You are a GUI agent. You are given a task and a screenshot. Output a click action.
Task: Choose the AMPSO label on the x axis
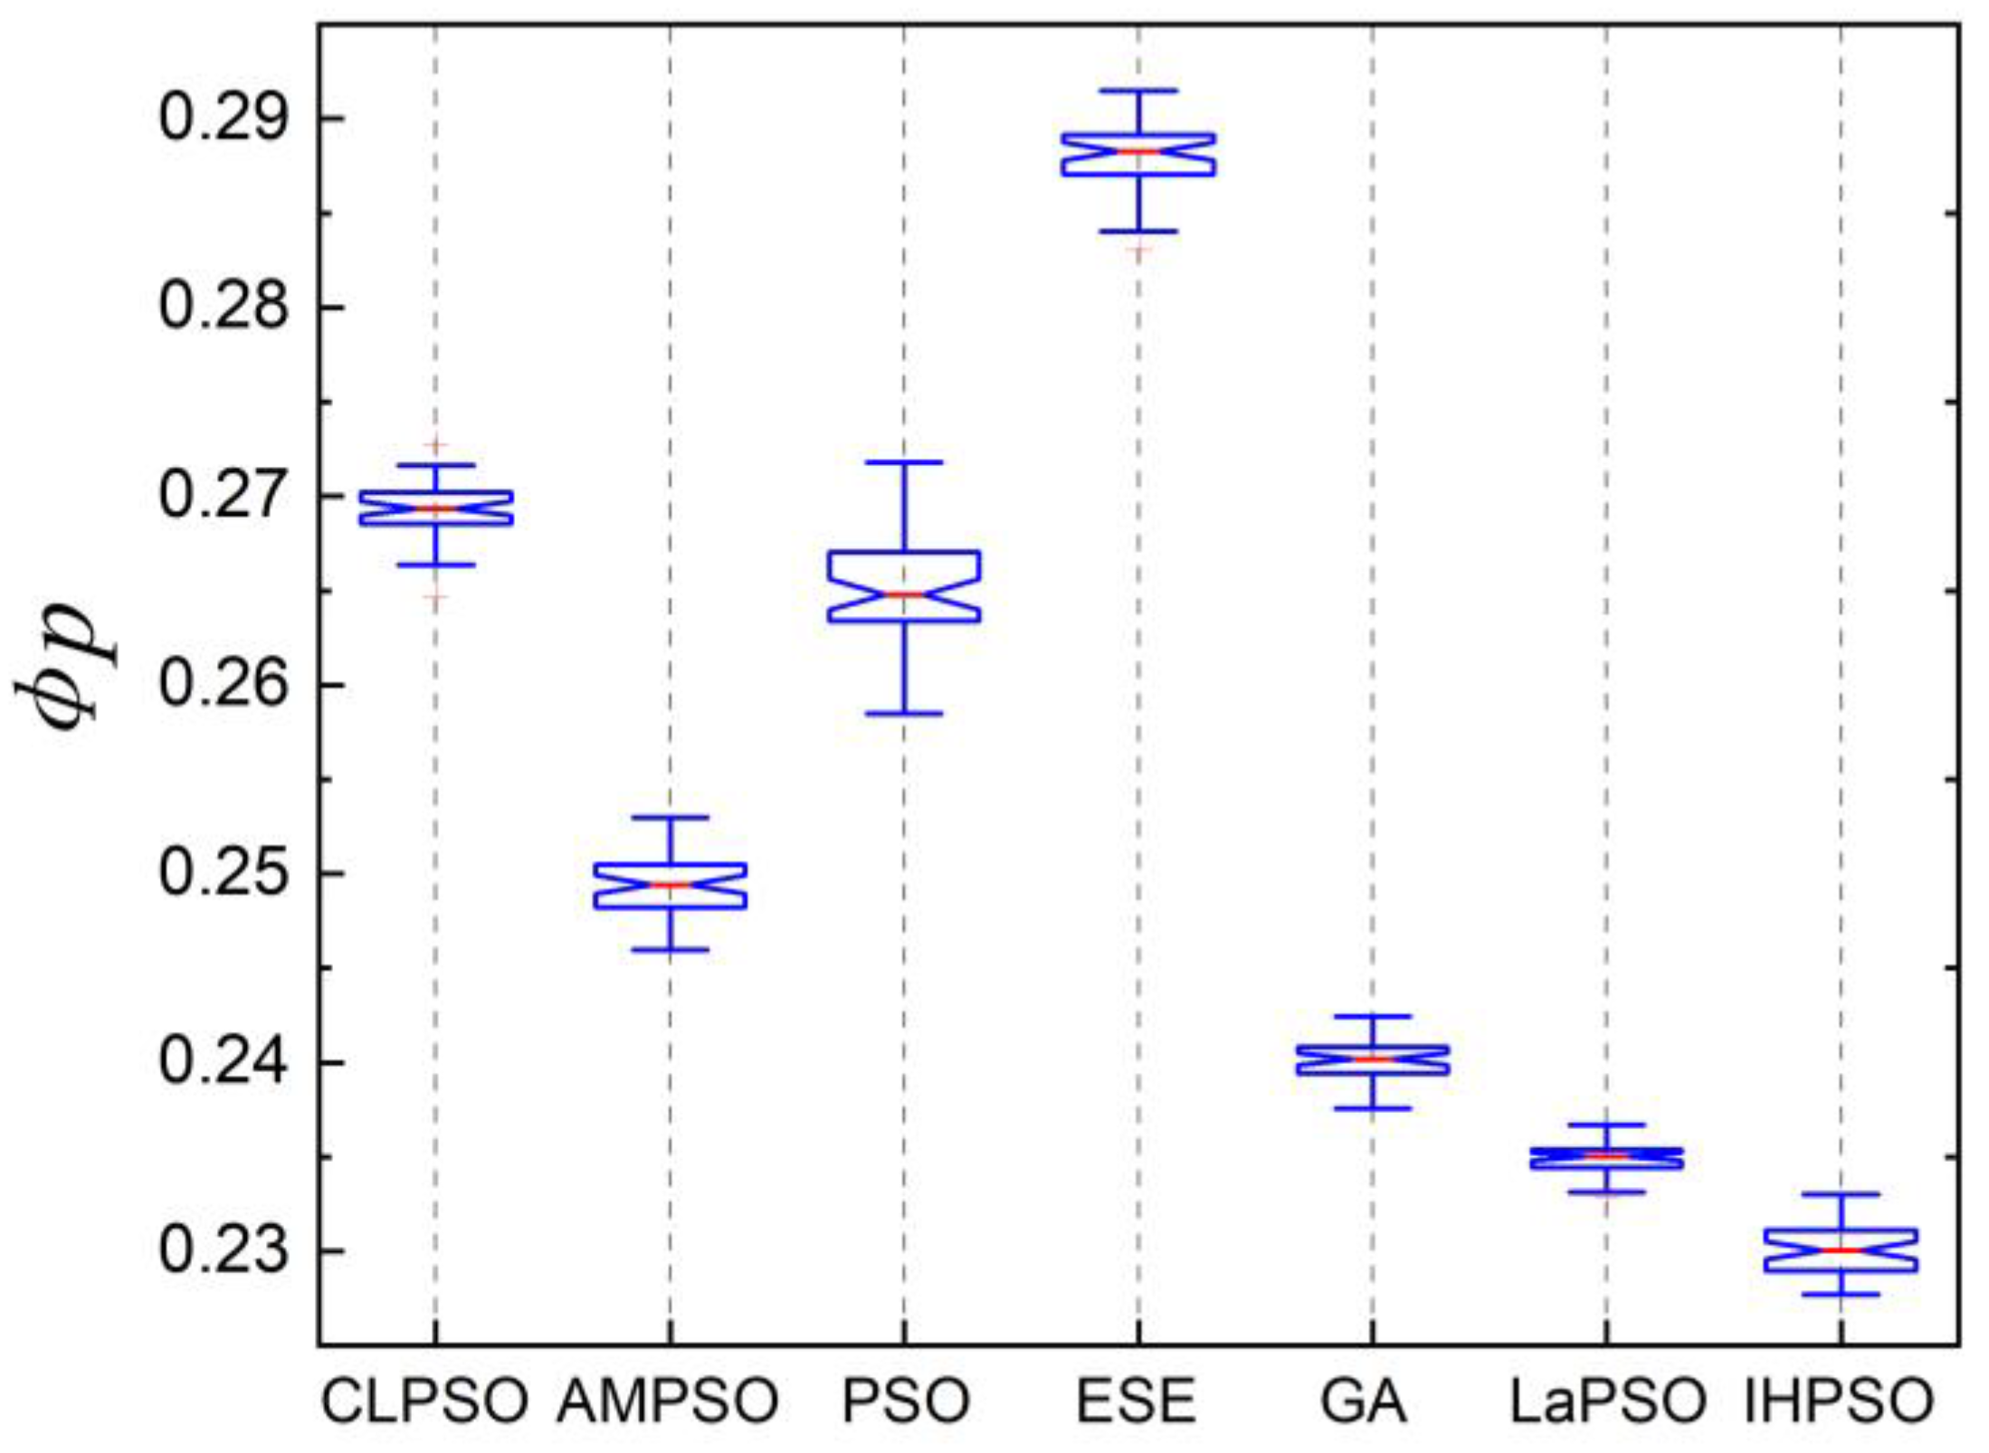coord(668,1401)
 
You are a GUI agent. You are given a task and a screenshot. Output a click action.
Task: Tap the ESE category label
coord(1137,1401)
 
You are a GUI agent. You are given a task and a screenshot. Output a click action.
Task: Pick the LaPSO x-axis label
coord(1607,1401)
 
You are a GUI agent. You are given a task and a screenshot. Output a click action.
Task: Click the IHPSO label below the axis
coord(1839,1401)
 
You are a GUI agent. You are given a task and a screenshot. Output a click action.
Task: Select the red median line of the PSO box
coord(903,594)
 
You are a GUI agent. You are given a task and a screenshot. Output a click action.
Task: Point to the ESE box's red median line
coord(1138,151)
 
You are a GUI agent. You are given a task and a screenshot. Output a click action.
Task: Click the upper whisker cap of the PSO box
coord(903,462)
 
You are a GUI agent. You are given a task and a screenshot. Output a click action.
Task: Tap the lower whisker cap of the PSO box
coord(903,714)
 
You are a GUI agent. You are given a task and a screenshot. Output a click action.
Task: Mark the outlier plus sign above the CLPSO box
coord(436,446)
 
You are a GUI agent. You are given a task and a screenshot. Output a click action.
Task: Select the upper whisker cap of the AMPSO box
coord(670,817)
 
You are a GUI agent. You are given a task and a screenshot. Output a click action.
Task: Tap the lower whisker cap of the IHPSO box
coord(1841,1295)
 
